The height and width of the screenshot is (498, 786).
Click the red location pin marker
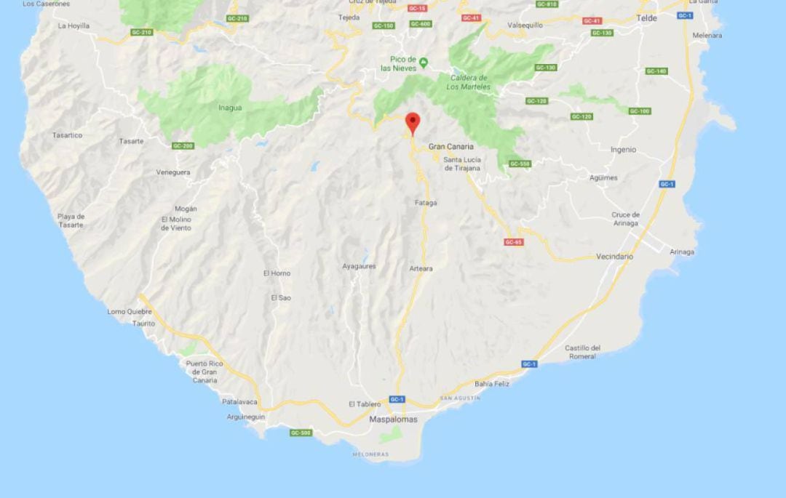point(413,122)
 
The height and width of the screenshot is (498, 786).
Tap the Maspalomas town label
point(393,419)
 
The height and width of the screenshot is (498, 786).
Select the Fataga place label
point(426,203)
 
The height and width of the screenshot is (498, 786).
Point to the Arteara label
point(421,269)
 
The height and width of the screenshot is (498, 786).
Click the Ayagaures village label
point(359,266)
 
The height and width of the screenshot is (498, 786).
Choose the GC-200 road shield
point(183,146)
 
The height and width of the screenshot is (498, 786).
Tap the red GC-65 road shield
point(513,242)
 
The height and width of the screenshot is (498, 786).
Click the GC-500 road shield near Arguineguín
point(301,433)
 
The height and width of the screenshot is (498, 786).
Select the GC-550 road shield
point(520,164)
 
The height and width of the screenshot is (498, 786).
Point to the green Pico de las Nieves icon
point(424,62)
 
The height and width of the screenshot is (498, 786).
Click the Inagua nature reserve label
point(230,108)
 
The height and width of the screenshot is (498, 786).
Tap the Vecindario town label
point(614,257)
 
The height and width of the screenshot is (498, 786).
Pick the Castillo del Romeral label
point(583,352)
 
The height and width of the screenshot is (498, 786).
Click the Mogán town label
point(186,209)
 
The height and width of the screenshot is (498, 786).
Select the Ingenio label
point(623,150)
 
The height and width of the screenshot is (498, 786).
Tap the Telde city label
point(646,18)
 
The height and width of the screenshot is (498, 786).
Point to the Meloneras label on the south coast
point(370,454)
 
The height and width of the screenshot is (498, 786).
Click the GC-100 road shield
point(640,111)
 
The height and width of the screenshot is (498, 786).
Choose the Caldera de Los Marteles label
point(469,82)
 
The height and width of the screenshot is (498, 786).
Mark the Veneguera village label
point(173,172)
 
